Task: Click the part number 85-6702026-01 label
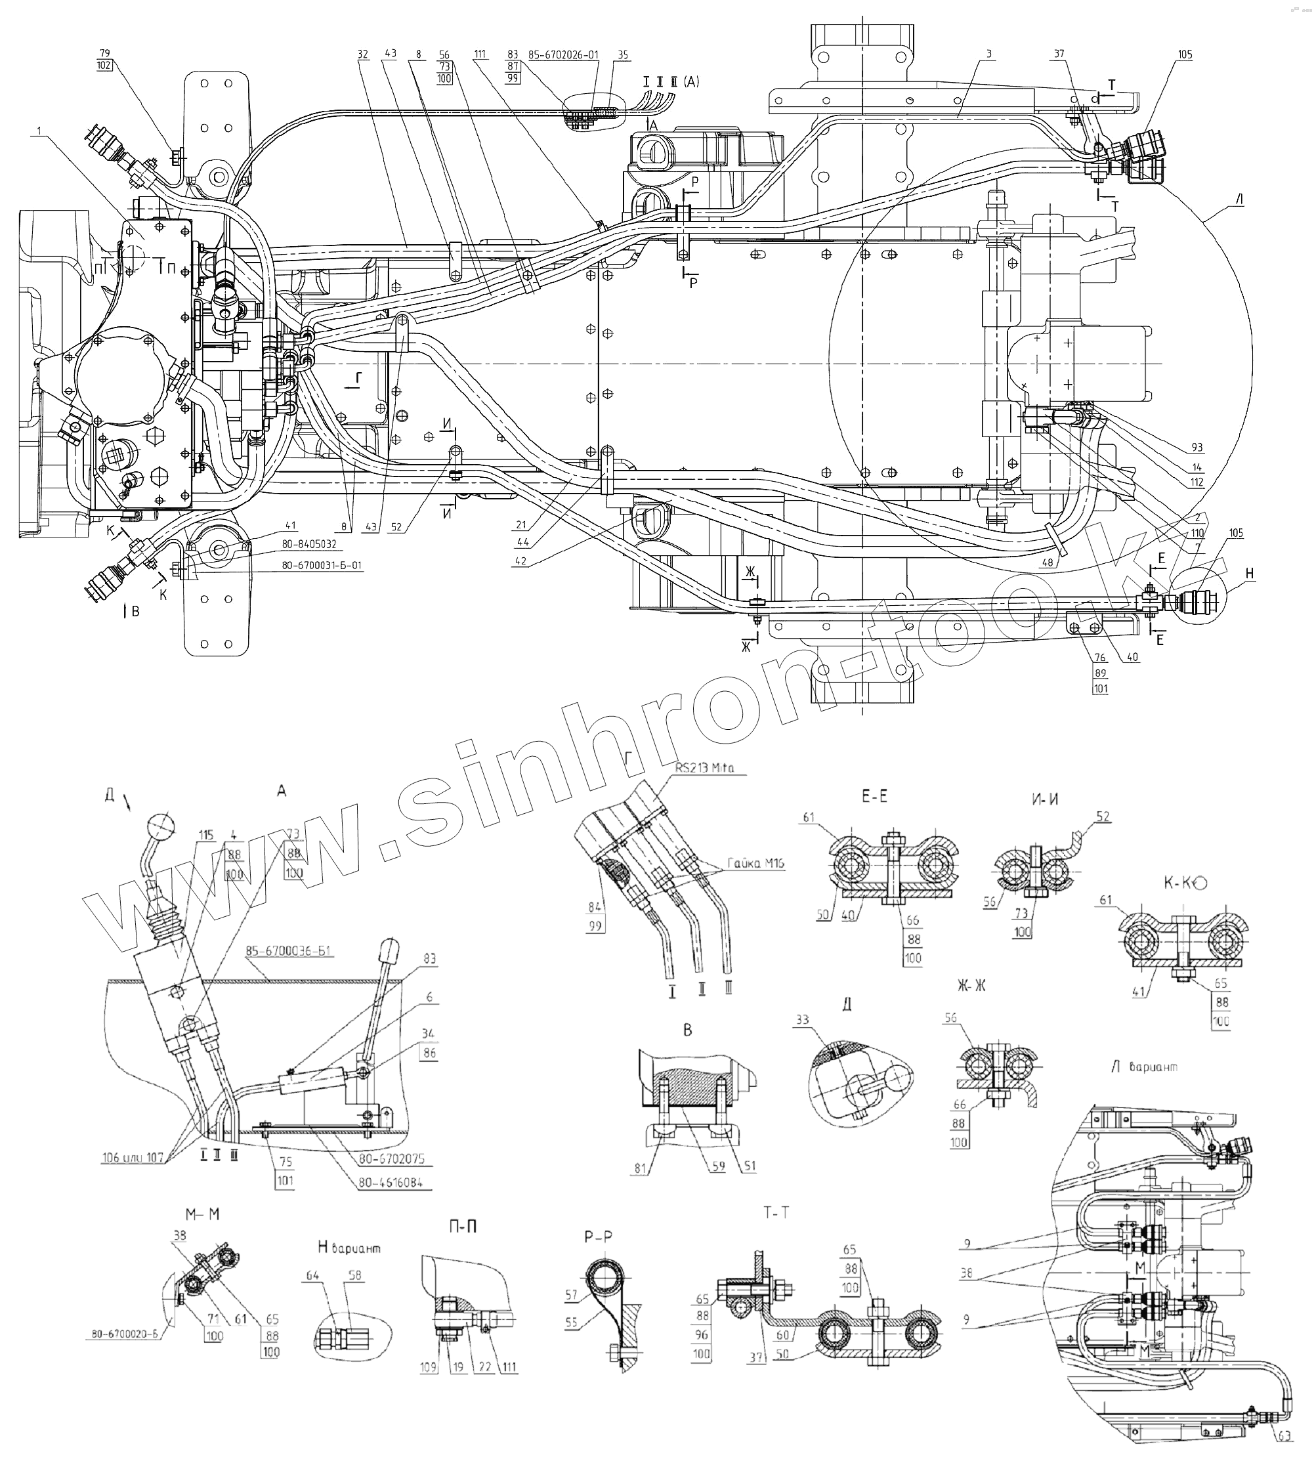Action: pos(563,55)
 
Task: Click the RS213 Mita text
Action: pos(705,768)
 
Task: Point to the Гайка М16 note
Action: pos(756,863)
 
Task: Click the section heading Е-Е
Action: pos(874,796)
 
